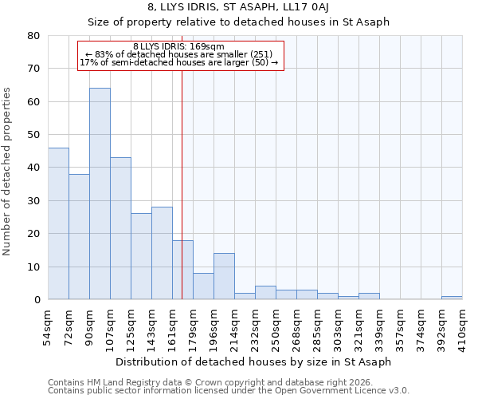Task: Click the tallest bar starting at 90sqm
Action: (x=100, y=194)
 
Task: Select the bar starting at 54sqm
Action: (x=58, y=223)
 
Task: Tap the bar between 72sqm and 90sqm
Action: (x=79, y=237)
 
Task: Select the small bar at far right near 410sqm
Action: (x=452, y=298)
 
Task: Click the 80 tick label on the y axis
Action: (x=33, y=36)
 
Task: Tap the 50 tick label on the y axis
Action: (x=33, y=135)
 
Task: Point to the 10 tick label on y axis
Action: (x=33, y=267)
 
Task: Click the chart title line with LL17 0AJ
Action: (x=238, y=7)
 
